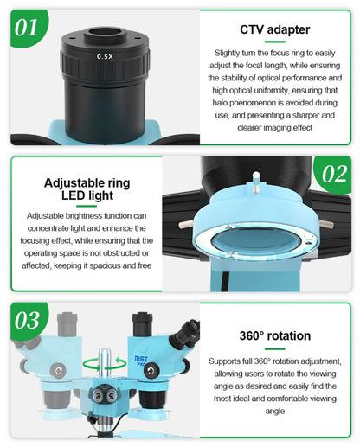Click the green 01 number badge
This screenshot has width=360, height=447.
pos(28,28)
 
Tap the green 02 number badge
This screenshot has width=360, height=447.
pos(334,174)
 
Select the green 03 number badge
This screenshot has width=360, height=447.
pos(28,321)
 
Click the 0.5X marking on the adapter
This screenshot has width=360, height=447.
pos(105,56)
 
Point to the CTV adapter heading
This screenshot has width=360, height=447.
pos(275,29)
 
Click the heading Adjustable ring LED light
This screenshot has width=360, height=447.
pos(87,189)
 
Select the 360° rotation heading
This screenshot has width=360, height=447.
pos(275,335)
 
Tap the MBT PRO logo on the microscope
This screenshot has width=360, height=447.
pos(141,361)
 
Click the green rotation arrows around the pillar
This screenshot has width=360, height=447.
pos(105,364)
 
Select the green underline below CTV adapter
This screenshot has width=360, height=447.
pos(274,42)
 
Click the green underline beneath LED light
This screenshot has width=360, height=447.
pos(87,206)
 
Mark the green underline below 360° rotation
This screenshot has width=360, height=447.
pos(274,348)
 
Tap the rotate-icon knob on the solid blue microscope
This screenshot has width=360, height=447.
pos(151,371)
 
